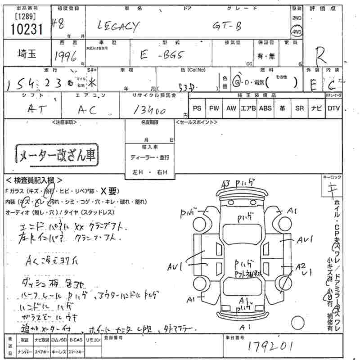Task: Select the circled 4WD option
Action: coord(297,33)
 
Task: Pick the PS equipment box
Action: coord(197,108)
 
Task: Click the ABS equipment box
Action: coord(265,108)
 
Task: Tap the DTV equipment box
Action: coord(333,108)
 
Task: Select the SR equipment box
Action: coord(299,108)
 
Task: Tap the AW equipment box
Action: coord(231,108)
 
